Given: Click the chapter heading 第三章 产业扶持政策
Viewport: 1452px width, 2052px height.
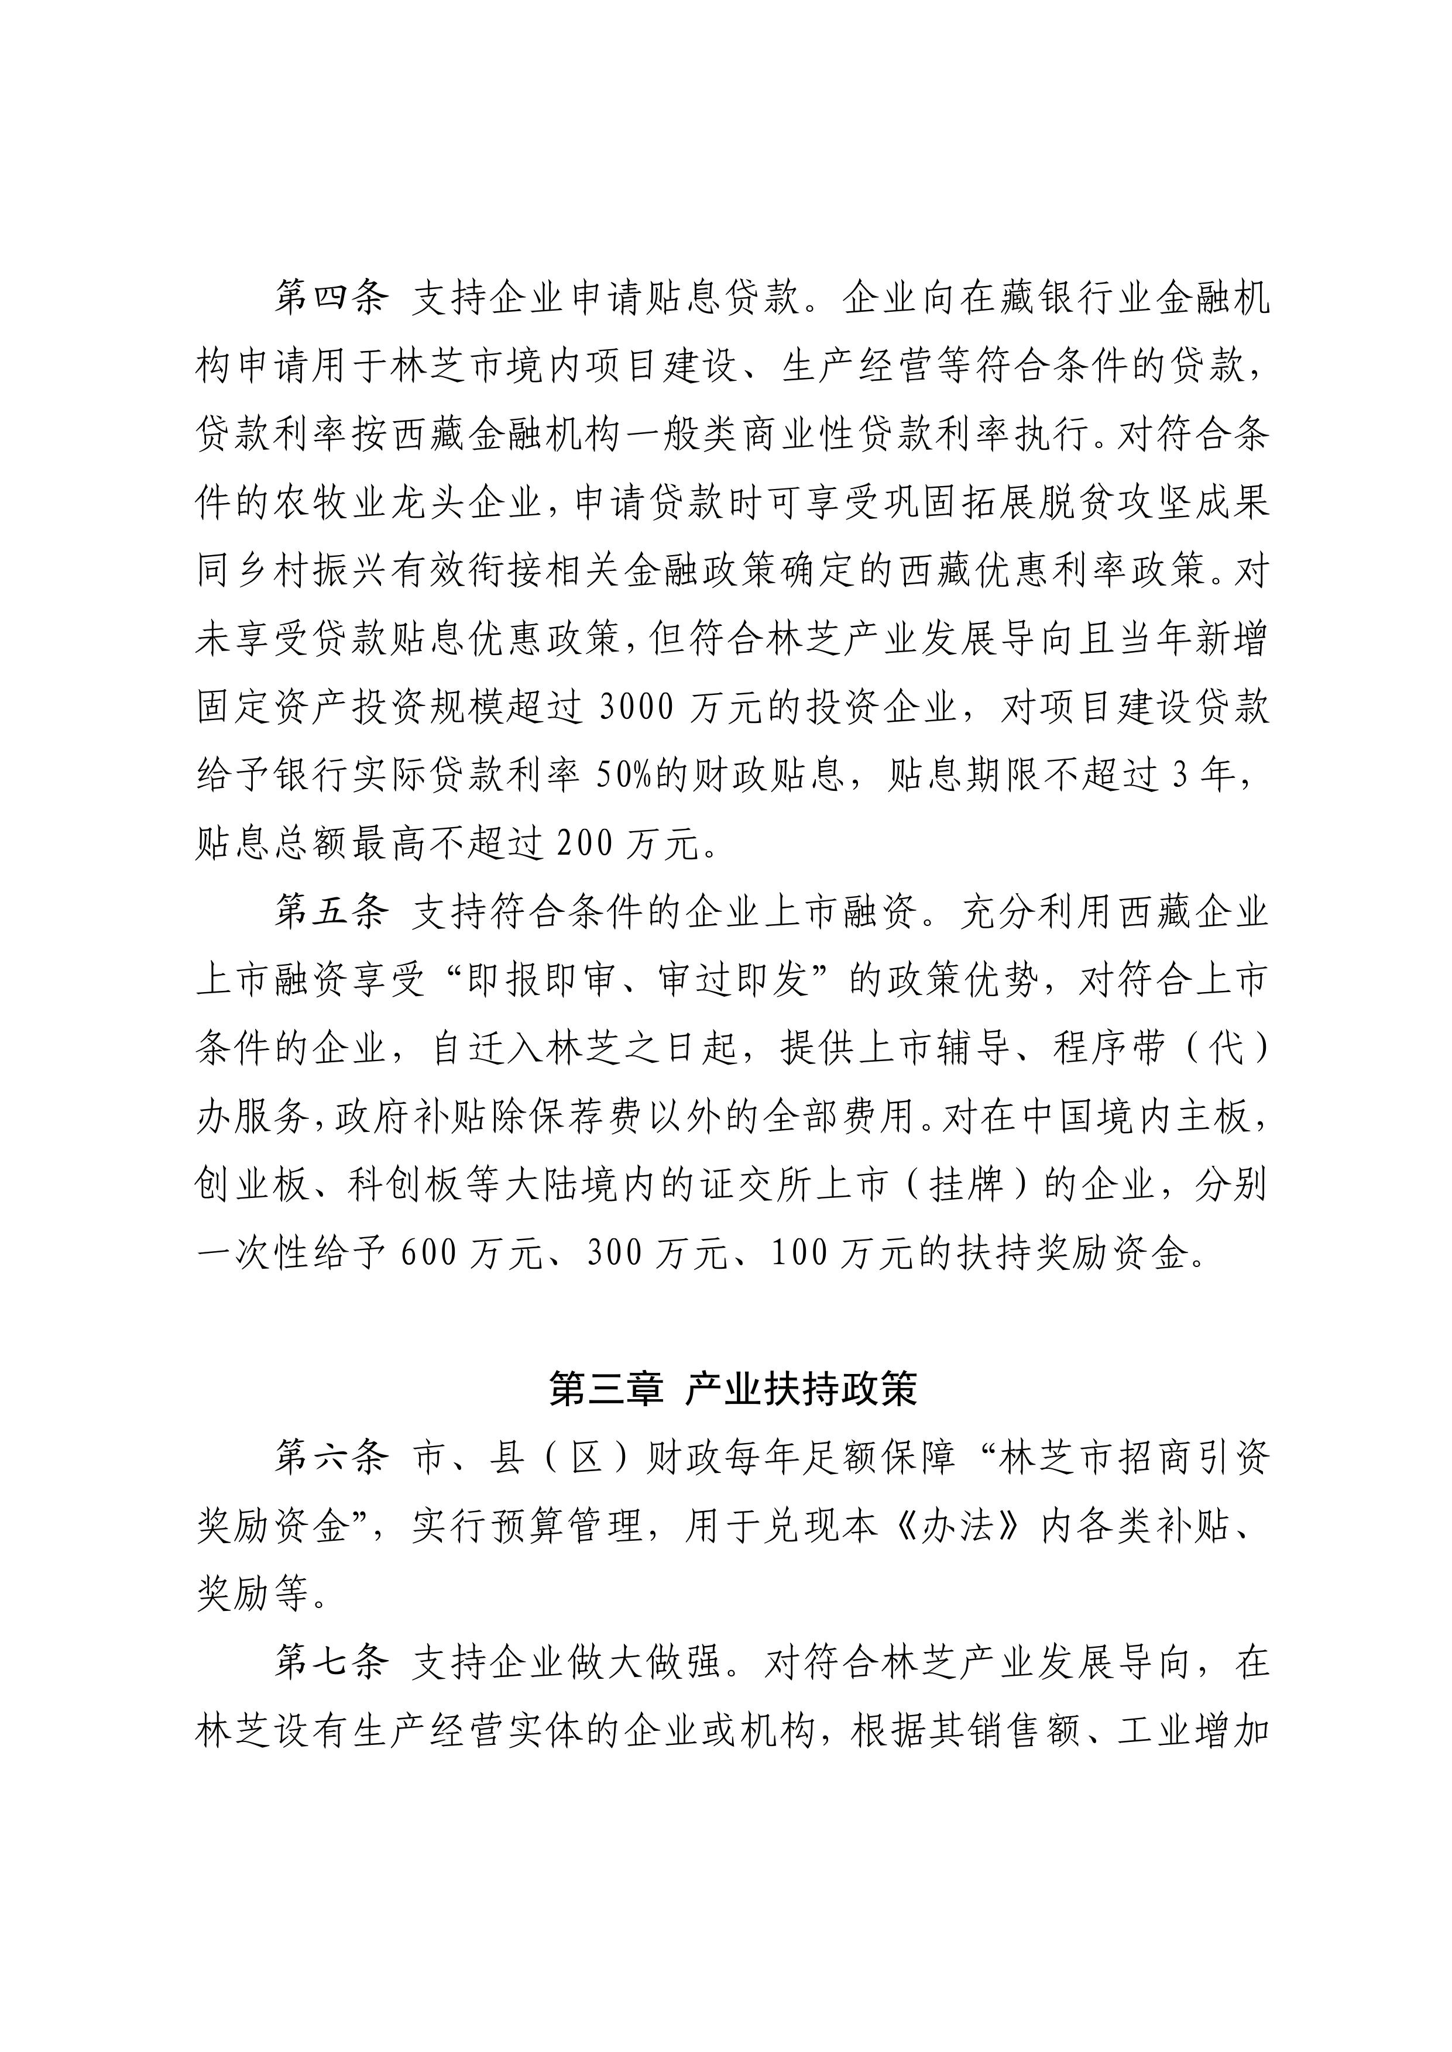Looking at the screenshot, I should (x=733, y=1390).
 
